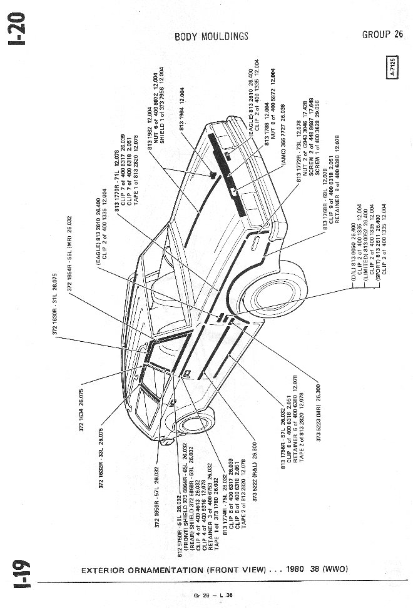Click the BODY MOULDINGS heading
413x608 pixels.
coord(211,36)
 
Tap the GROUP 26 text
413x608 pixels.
coord(382,34)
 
